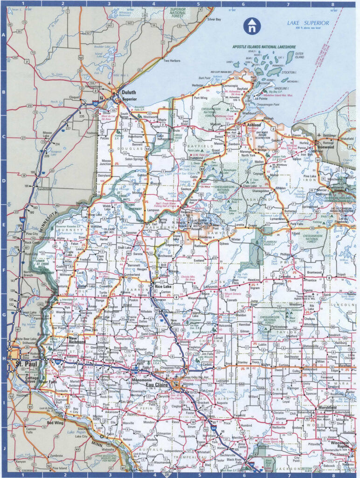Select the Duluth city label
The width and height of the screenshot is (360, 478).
(129, 92)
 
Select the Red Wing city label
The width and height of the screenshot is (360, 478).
(55, 423)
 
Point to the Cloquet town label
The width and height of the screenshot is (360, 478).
(75, 97)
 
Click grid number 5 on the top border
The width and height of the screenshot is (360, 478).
(198, 4)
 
